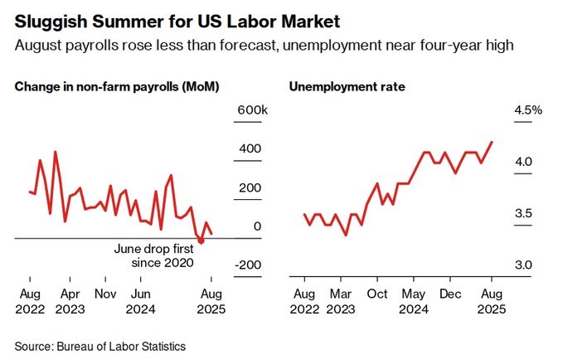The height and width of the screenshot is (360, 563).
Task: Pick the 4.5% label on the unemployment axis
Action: click(527, 111)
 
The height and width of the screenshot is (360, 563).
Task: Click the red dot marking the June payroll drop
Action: click(201, 241)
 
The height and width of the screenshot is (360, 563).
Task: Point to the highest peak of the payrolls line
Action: click(56, 152)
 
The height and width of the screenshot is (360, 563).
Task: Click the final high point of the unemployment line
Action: click(493, 142)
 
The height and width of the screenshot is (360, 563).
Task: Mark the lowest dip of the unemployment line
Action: click(345, 236)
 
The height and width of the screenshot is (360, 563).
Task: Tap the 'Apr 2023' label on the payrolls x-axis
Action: click(70, 301)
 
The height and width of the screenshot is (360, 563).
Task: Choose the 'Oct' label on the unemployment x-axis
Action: click(378, 294)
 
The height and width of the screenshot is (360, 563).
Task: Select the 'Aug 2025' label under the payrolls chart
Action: click(211, 301)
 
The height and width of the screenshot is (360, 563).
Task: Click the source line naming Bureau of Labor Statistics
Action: click(99, 346)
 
